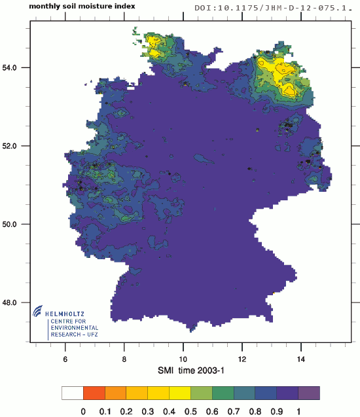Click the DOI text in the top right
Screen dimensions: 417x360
pyautogui.click(x=276, y=9)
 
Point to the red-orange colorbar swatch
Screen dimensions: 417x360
pyautogui.click(x=94, y=393)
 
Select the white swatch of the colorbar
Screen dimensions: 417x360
pyautogui.click(x=72, y=393)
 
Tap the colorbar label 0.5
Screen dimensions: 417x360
pyautogui.click(x=190, y=411)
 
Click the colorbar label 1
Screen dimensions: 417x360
pyautogui.click(x=298, y=411)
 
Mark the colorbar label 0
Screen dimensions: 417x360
pyautogui.click(x=83, y=411)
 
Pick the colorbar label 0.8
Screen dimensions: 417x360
pyautogui.click(x=255, y=411)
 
